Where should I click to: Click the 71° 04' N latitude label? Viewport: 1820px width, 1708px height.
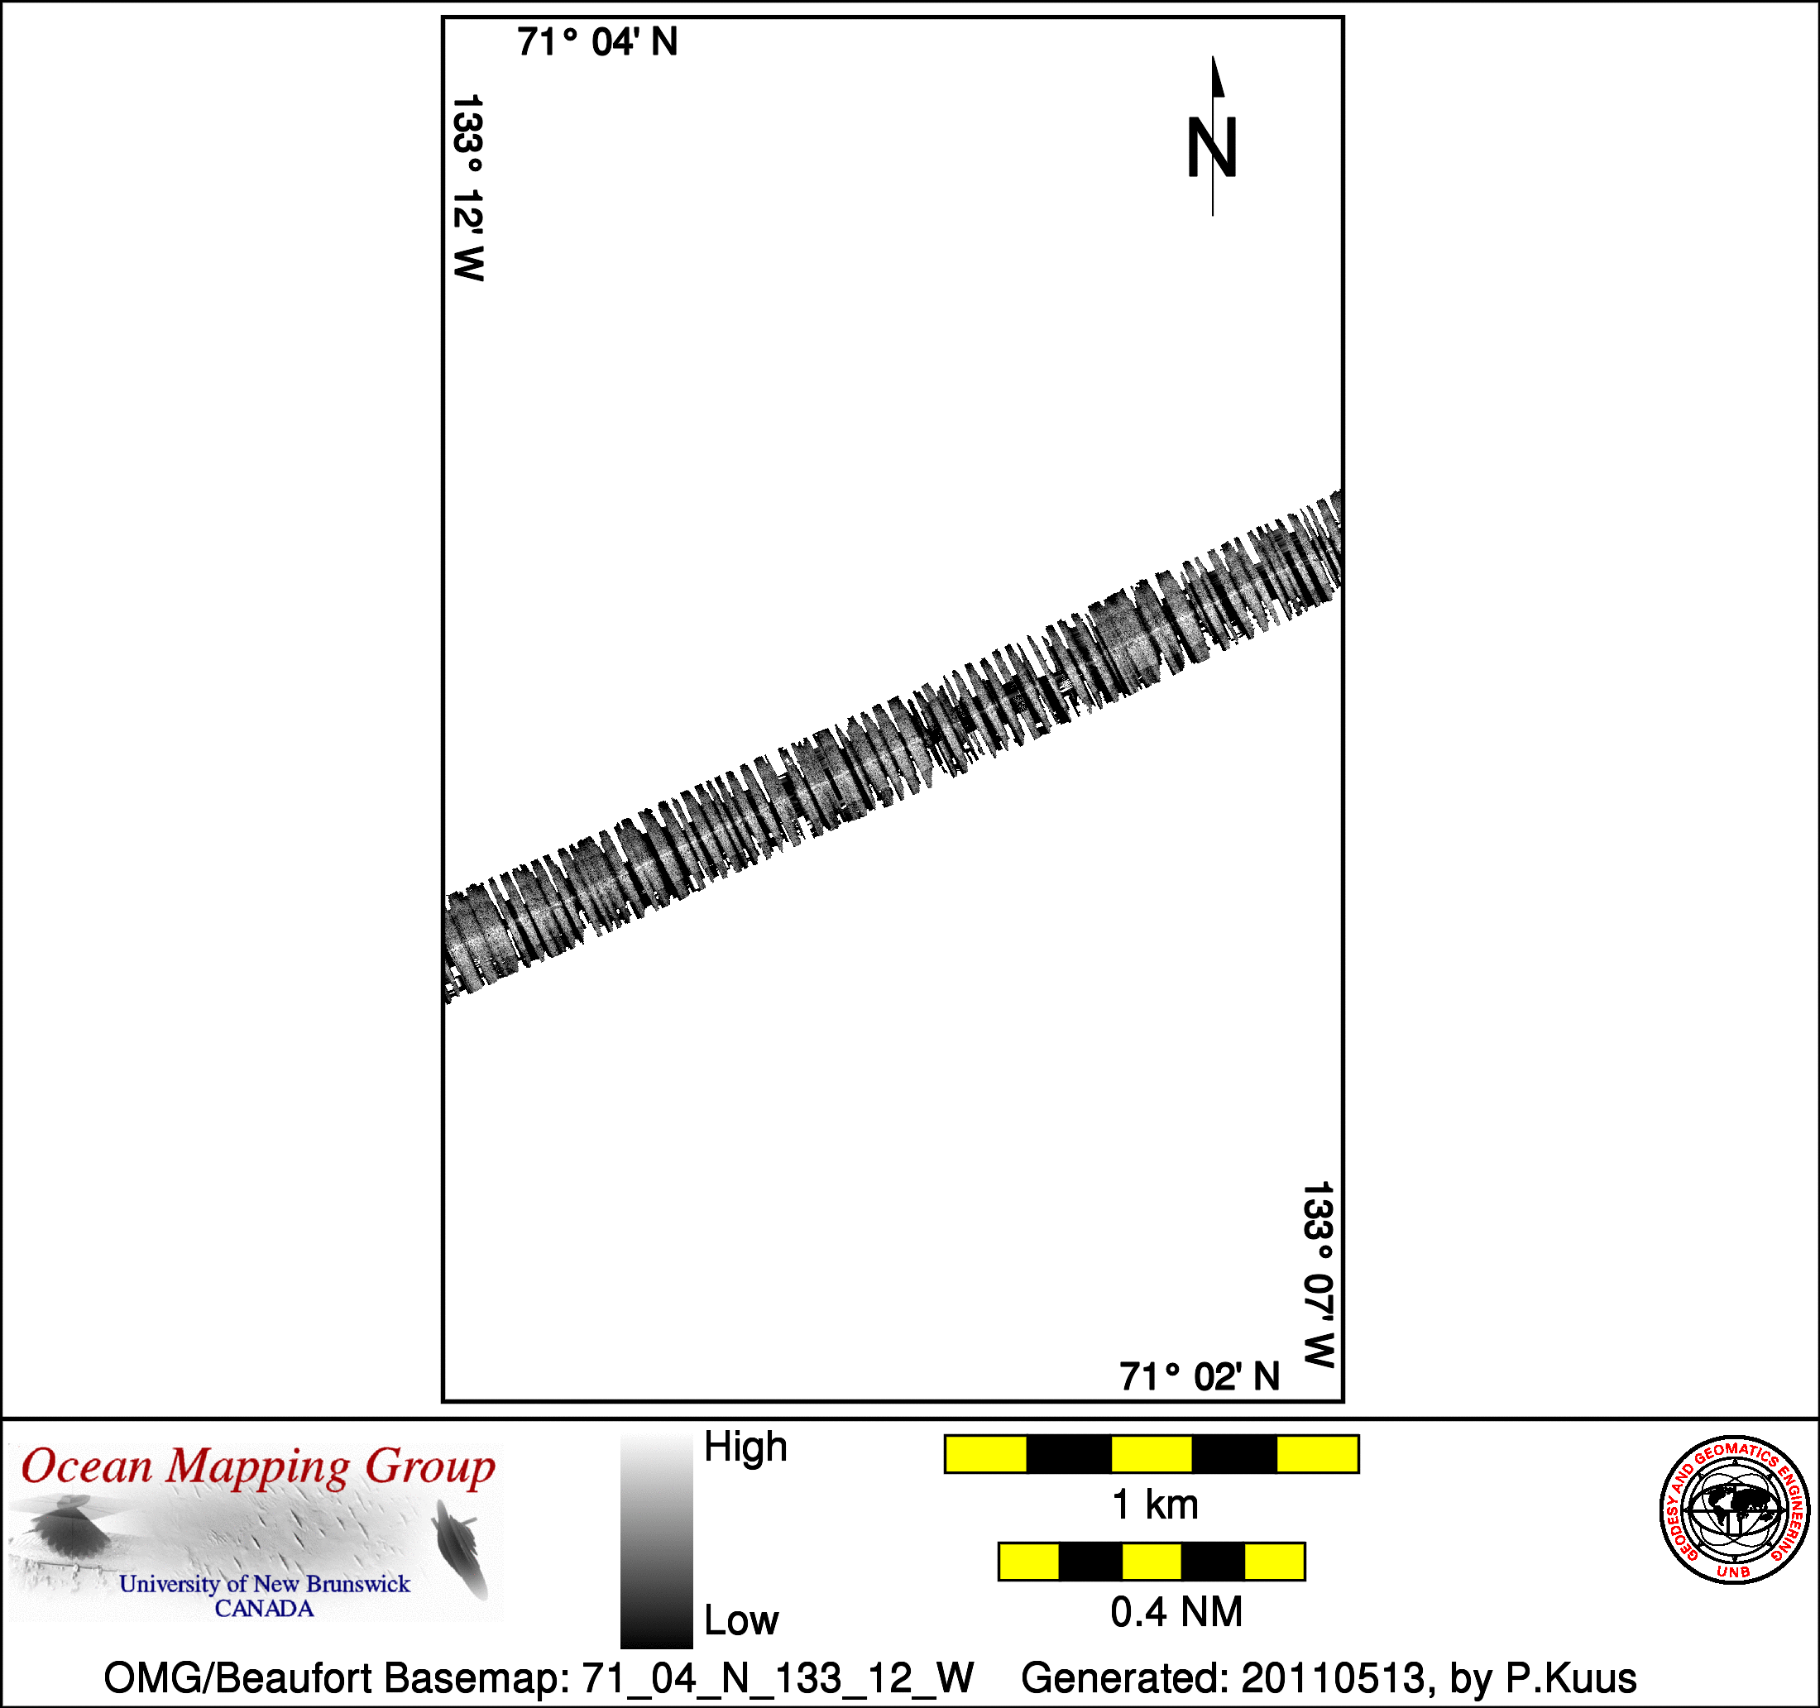pyautogui.click(x=597, y=42)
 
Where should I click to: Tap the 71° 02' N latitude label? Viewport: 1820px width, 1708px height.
pyautogui.click(x=1200, y=1376)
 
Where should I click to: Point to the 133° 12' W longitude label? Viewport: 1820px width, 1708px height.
pyautogui.click(x=467, y=188)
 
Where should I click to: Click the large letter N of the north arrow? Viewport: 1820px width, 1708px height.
pyautogui.click(x=1212, y=147)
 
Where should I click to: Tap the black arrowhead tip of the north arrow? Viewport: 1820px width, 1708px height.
pyautogui.click(x=1213, y=57)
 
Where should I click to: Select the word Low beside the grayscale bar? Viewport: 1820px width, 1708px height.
pyautogui.click(x=740, y=1620)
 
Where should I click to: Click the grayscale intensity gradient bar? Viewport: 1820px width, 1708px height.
pyautogui.click(x=656, y=1543)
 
